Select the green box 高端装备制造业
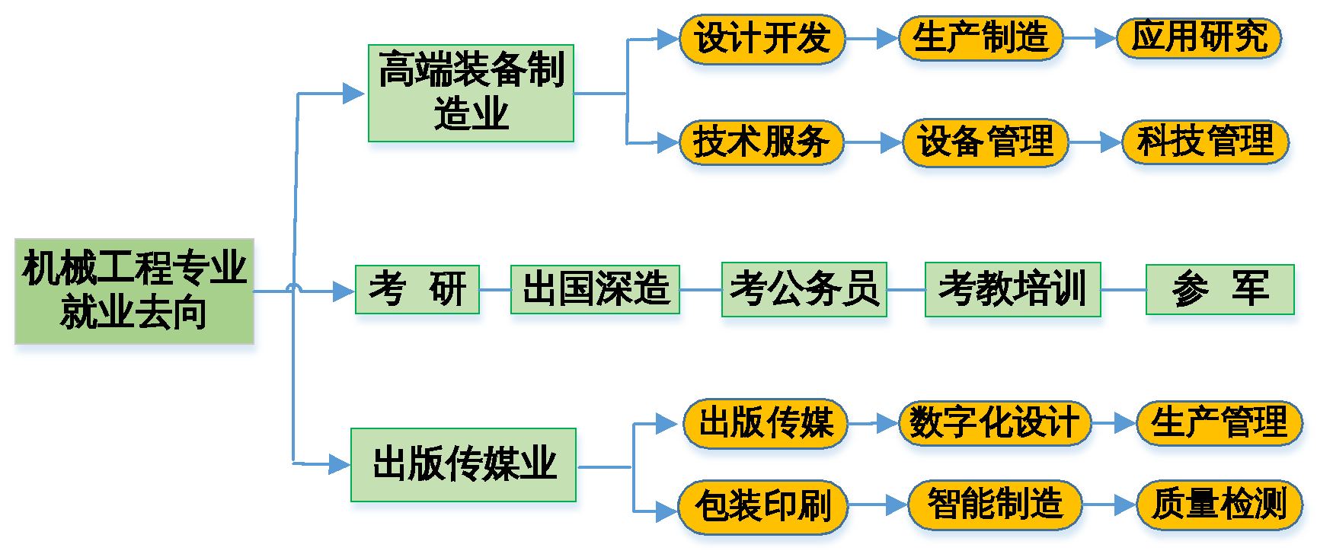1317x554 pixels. pyautogui.click(x=472, y=94)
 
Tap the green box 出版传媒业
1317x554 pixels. pyautogui.click(x=464, y=465)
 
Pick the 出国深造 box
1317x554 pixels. pyautogui.click(x=595, y=290)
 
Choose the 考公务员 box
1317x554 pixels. pyautogui.click(x=804, y=290)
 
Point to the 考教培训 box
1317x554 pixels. pyautogui.click(x=1012, y=290)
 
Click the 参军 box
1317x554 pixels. pyautogui.click(x=1220, y=290)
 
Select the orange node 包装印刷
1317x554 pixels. pyautogui.click(x=764, y=506)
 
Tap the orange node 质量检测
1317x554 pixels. pyautogui.click(x=1220, y=505)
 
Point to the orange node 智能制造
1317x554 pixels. pyautogui.click(x=995, y=505)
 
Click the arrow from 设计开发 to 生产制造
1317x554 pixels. pyautogui.click(x=874, y=38)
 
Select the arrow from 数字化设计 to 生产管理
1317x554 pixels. pyautogui.click(x=1115, y=423)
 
